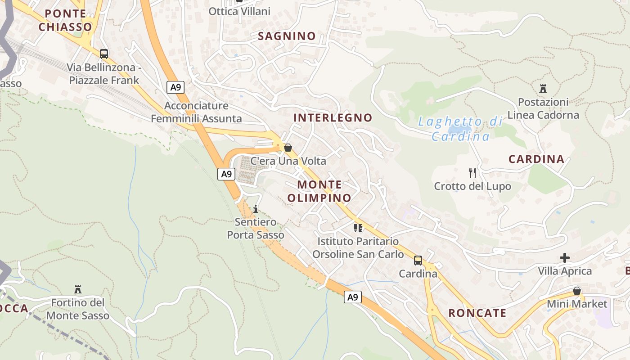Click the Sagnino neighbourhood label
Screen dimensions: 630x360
(287, 36)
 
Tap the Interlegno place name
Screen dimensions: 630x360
(333, 118)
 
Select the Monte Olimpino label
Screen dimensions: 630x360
(319, 191)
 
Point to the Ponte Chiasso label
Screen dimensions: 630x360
(65, 20)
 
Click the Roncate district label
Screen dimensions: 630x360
(477, 313)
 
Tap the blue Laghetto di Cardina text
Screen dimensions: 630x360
(460, 129)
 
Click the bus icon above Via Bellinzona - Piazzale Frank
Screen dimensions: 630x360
(104, 54)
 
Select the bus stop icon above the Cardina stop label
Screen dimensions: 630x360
(418, 261)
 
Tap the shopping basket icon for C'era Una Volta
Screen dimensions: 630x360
(288, 147)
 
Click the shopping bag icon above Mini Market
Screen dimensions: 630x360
(577, 291)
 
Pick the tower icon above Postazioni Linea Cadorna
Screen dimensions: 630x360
(543, 88)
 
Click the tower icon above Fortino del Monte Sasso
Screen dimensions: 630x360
(77, 288)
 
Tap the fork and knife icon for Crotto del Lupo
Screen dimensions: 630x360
(472, 172)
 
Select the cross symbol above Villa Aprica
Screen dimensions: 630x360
(565, 258)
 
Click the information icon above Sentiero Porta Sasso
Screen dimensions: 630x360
(256, 209)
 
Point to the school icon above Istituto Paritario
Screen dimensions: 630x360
(358, 228)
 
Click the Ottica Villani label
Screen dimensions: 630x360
(239, 11)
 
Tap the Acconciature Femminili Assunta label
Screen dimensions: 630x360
(196, 112)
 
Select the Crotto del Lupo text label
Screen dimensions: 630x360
(472, 186)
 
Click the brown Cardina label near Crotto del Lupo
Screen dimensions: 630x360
(536, 159)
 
